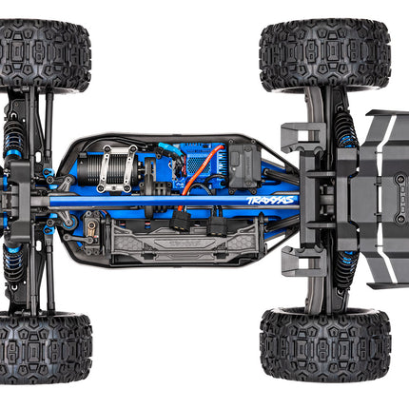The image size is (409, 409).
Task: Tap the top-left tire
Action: (x=46, y=54)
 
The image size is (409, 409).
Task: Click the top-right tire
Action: (x=324, y=54)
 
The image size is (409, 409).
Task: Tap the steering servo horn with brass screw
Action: (x=90, y=228)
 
